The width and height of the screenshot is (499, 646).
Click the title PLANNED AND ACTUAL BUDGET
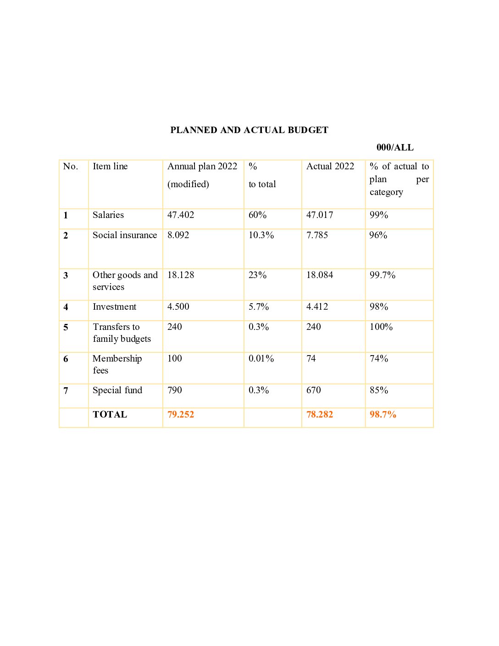click(x=249, y=130)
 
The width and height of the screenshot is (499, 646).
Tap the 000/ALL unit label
click(x=394, y=147)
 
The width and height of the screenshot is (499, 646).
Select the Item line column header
click(x=110, y=166)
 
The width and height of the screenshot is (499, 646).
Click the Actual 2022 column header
click(x=330, y=166)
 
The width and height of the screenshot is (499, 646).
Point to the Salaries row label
click(x=108, y=215)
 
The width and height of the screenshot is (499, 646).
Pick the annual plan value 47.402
click(x=181, y=215)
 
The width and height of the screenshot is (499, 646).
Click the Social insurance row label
click(x=124, y=235)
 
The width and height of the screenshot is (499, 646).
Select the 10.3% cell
click(x=261, y=235)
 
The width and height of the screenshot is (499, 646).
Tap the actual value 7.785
click(x=317, y=235)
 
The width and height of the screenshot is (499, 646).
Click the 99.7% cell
click(x=383, y=275)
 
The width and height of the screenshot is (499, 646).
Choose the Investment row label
click(x=114, y=306)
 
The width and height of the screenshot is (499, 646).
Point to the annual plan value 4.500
click(x=178, y=306)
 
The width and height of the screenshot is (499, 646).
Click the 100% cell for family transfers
click(x=381, y=327)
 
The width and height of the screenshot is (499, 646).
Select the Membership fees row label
click(x=117, y=364)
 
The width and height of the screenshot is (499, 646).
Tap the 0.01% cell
click(x=261, y=358)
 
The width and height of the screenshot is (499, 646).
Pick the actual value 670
click(x=313, y=390)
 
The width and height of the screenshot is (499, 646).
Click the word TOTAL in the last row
click(x=110, y=414)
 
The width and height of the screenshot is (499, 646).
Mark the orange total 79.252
click(x=181, y=414)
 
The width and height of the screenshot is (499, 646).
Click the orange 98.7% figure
click(x=383, y=414)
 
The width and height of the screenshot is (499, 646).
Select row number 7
click(x=66, y=390)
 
